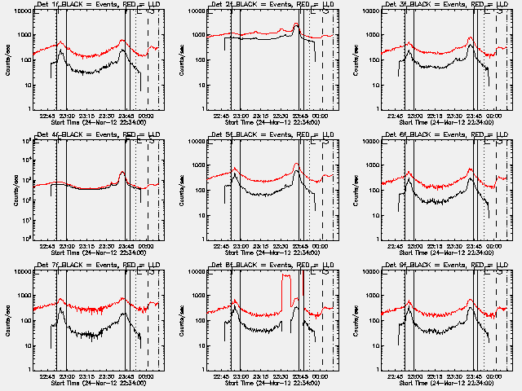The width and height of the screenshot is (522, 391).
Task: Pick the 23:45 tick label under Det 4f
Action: click(126, 247)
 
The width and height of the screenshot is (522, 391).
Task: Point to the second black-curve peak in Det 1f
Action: click(122, 51)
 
